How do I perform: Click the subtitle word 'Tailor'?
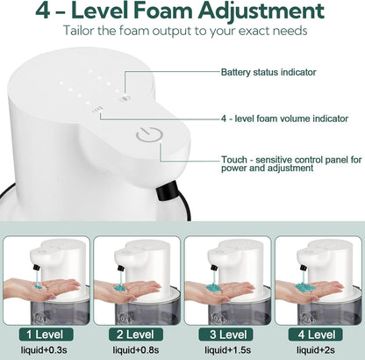click(x=84, y=31)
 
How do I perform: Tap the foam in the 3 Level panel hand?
click(x=216, y=280)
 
